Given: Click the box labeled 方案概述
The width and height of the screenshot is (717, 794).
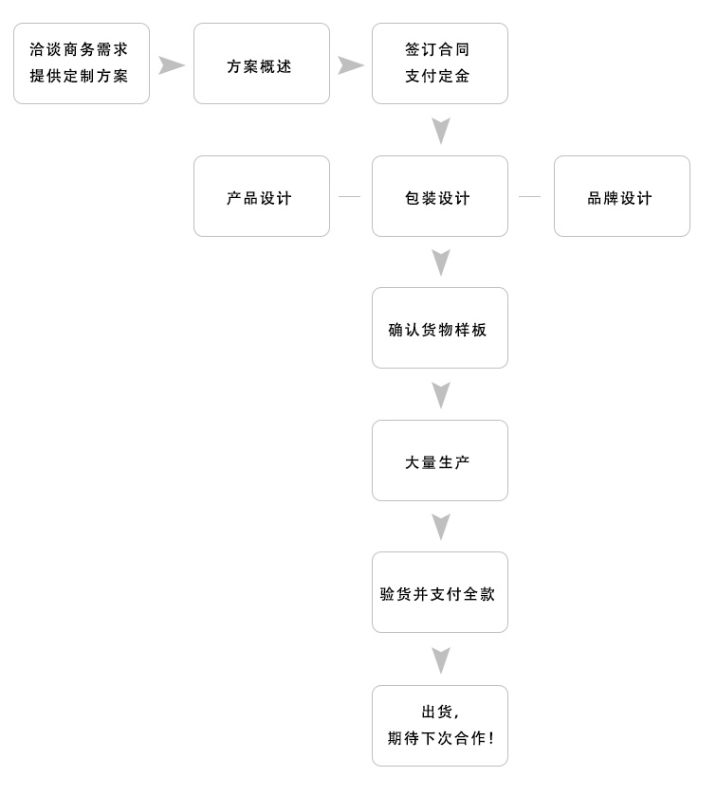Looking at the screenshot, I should click(x=261, y=64).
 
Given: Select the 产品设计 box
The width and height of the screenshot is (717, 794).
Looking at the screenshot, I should click(x=261, y=197).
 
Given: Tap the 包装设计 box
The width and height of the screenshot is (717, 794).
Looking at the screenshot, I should click(x=439, y=197).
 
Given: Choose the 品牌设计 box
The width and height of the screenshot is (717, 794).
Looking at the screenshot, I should click(x=621, y=197).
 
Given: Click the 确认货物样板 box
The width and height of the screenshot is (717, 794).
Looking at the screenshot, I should click(x=439, y=329).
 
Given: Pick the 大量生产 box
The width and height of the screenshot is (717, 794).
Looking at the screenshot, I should click(x=439, y=461).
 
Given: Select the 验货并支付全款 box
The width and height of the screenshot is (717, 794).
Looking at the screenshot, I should click(x=439, y=593).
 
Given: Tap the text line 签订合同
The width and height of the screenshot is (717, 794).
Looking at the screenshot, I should click(x=438, y=50).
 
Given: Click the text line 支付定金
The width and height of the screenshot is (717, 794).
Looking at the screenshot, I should click(x=438, y=77).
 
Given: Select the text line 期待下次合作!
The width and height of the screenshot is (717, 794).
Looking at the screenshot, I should click(x=441, y=738).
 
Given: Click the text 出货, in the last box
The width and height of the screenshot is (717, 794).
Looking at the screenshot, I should click(x=440, y=713).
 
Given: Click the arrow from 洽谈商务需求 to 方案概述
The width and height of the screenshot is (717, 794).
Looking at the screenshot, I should click(x=171, y=65).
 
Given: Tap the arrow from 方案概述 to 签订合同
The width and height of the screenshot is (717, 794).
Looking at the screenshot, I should click(x=351, y=65).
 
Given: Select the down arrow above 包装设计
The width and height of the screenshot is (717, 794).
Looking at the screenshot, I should click(x=440, y=131).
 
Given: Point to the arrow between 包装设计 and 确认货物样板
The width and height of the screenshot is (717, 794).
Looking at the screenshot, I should click(x=440, y=262).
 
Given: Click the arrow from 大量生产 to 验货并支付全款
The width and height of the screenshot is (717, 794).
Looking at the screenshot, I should click(x=440, y=527).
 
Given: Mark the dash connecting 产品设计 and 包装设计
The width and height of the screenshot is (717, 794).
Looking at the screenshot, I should click(x=350, y=197).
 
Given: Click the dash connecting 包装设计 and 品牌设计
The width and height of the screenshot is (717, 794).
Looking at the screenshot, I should click(x=529, y=197).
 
